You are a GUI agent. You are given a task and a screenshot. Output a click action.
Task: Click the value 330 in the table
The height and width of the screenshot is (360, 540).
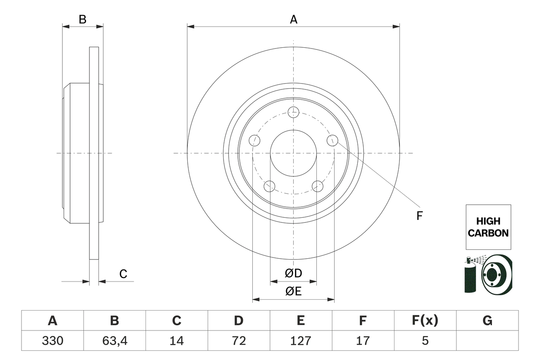pyautogui.click(x=52, y=341)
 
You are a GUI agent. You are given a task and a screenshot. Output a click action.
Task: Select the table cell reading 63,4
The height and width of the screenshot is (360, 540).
pyautogui.click(x=114, y=341)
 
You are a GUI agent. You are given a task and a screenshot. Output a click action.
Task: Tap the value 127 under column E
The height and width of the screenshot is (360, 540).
pyautogui.click(x=300, y=341)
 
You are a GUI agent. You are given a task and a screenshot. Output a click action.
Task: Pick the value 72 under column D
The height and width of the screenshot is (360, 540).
pyautogui.click(x=238, y=341)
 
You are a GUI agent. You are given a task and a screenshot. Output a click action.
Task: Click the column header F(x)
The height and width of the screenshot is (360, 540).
pyautogui.click(x=425, y=321)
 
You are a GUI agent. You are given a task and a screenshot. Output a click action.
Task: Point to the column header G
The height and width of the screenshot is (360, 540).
pyautogui.click(x=487, y=321)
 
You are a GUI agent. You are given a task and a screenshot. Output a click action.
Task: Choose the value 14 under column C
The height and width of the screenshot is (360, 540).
pyautogui.click(x=176, y=341)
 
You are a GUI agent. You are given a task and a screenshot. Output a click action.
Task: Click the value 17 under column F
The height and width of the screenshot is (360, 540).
pyautogui.click(x=362, y=341)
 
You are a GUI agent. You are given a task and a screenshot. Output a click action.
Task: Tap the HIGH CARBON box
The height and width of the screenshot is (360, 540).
pyautogui.click(x=488, y=227)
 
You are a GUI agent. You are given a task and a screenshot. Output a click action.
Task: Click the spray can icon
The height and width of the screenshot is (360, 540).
pyautogui.click(x=470, y=276)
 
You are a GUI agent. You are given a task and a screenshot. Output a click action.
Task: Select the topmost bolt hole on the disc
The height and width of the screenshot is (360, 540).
pyautogui.click(x=293, y=112)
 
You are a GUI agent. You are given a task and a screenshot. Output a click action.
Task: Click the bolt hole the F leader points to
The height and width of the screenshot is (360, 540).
pyautogui.click(x=332, y=140)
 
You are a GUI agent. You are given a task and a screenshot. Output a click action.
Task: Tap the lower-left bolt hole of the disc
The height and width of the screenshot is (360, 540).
pyautogui.click(x=269, y=186)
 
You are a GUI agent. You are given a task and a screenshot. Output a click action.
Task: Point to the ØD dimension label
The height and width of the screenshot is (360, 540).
pyautogui.click(x=293, y=273)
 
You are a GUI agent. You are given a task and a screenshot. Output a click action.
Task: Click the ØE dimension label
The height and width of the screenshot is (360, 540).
pyautogui.click(x=293, y=291)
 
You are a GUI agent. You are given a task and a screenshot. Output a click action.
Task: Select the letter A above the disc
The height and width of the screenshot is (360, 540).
pyautogui.click(x=293, y=19)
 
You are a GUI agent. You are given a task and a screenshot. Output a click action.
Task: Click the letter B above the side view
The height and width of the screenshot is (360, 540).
pyautogui.click(x=83, y=19)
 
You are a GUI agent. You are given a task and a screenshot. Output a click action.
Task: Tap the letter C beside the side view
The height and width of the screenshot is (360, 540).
pyautogui.click(x=123, y=274)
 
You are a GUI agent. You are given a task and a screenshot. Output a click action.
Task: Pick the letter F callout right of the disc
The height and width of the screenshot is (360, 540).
pyautogui.click(x=419, y=216)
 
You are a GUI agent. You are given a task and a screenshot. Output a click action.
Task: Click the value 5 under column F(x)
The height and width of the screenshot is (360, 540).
pyautogui.click(x=425, y=341)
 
